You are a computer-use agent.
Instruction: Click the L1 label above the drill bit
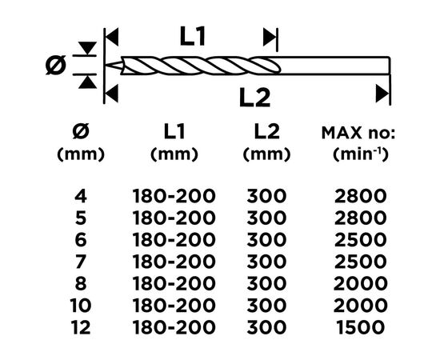tap(193, 36)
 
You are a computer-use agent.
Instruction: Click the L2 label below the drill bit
tap(254, 98)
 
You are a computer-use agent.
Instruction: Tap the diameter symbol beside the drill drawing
tap(56, 65)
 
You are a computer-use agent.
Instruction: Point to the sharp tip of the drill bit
tap(106, 66)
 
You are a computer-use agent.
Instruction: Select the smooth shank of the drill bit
tap(334, 66)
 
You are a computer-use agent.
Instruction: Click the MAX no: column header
tap(358, 134)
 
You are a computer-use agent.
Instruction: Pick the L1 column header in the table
tap(174, 131)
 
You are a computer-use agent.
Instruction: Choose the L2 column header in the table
tap(266, 131)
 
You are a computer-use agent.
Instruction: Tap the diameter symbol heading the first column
tap(81, 131)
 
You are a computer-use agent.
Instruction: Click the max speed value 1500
tap(360, 327)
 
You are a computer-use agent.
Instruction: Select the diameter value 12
tap(81, 327)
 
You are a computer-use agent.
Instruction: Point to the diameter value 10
tap(81, 306)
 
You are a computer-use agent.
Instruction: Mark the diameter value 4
tap(81, 196)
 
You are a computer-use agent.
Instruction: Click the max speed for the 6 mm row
tap(360, 240)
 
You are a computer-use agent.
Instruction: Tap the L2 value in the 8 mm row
tap(266, 283)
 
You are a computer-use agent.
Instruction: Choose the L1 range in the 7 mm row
tap(174, 262)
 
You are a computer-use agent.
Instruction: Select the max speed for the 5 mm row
tap(360, 218)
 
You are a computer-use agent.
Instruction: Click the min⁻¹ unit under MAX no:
tap(361, 154)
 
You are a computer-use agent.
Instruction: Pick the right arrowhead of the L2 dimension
tap(382, 93)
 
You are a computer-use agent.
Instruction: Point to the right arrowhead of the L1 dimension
tap(270, 37)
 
